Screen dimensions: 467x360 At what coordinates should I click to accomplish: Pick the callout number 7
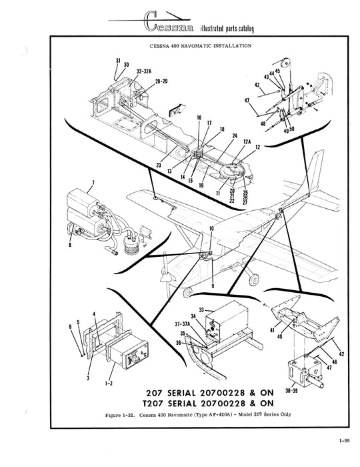(93, 181)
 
